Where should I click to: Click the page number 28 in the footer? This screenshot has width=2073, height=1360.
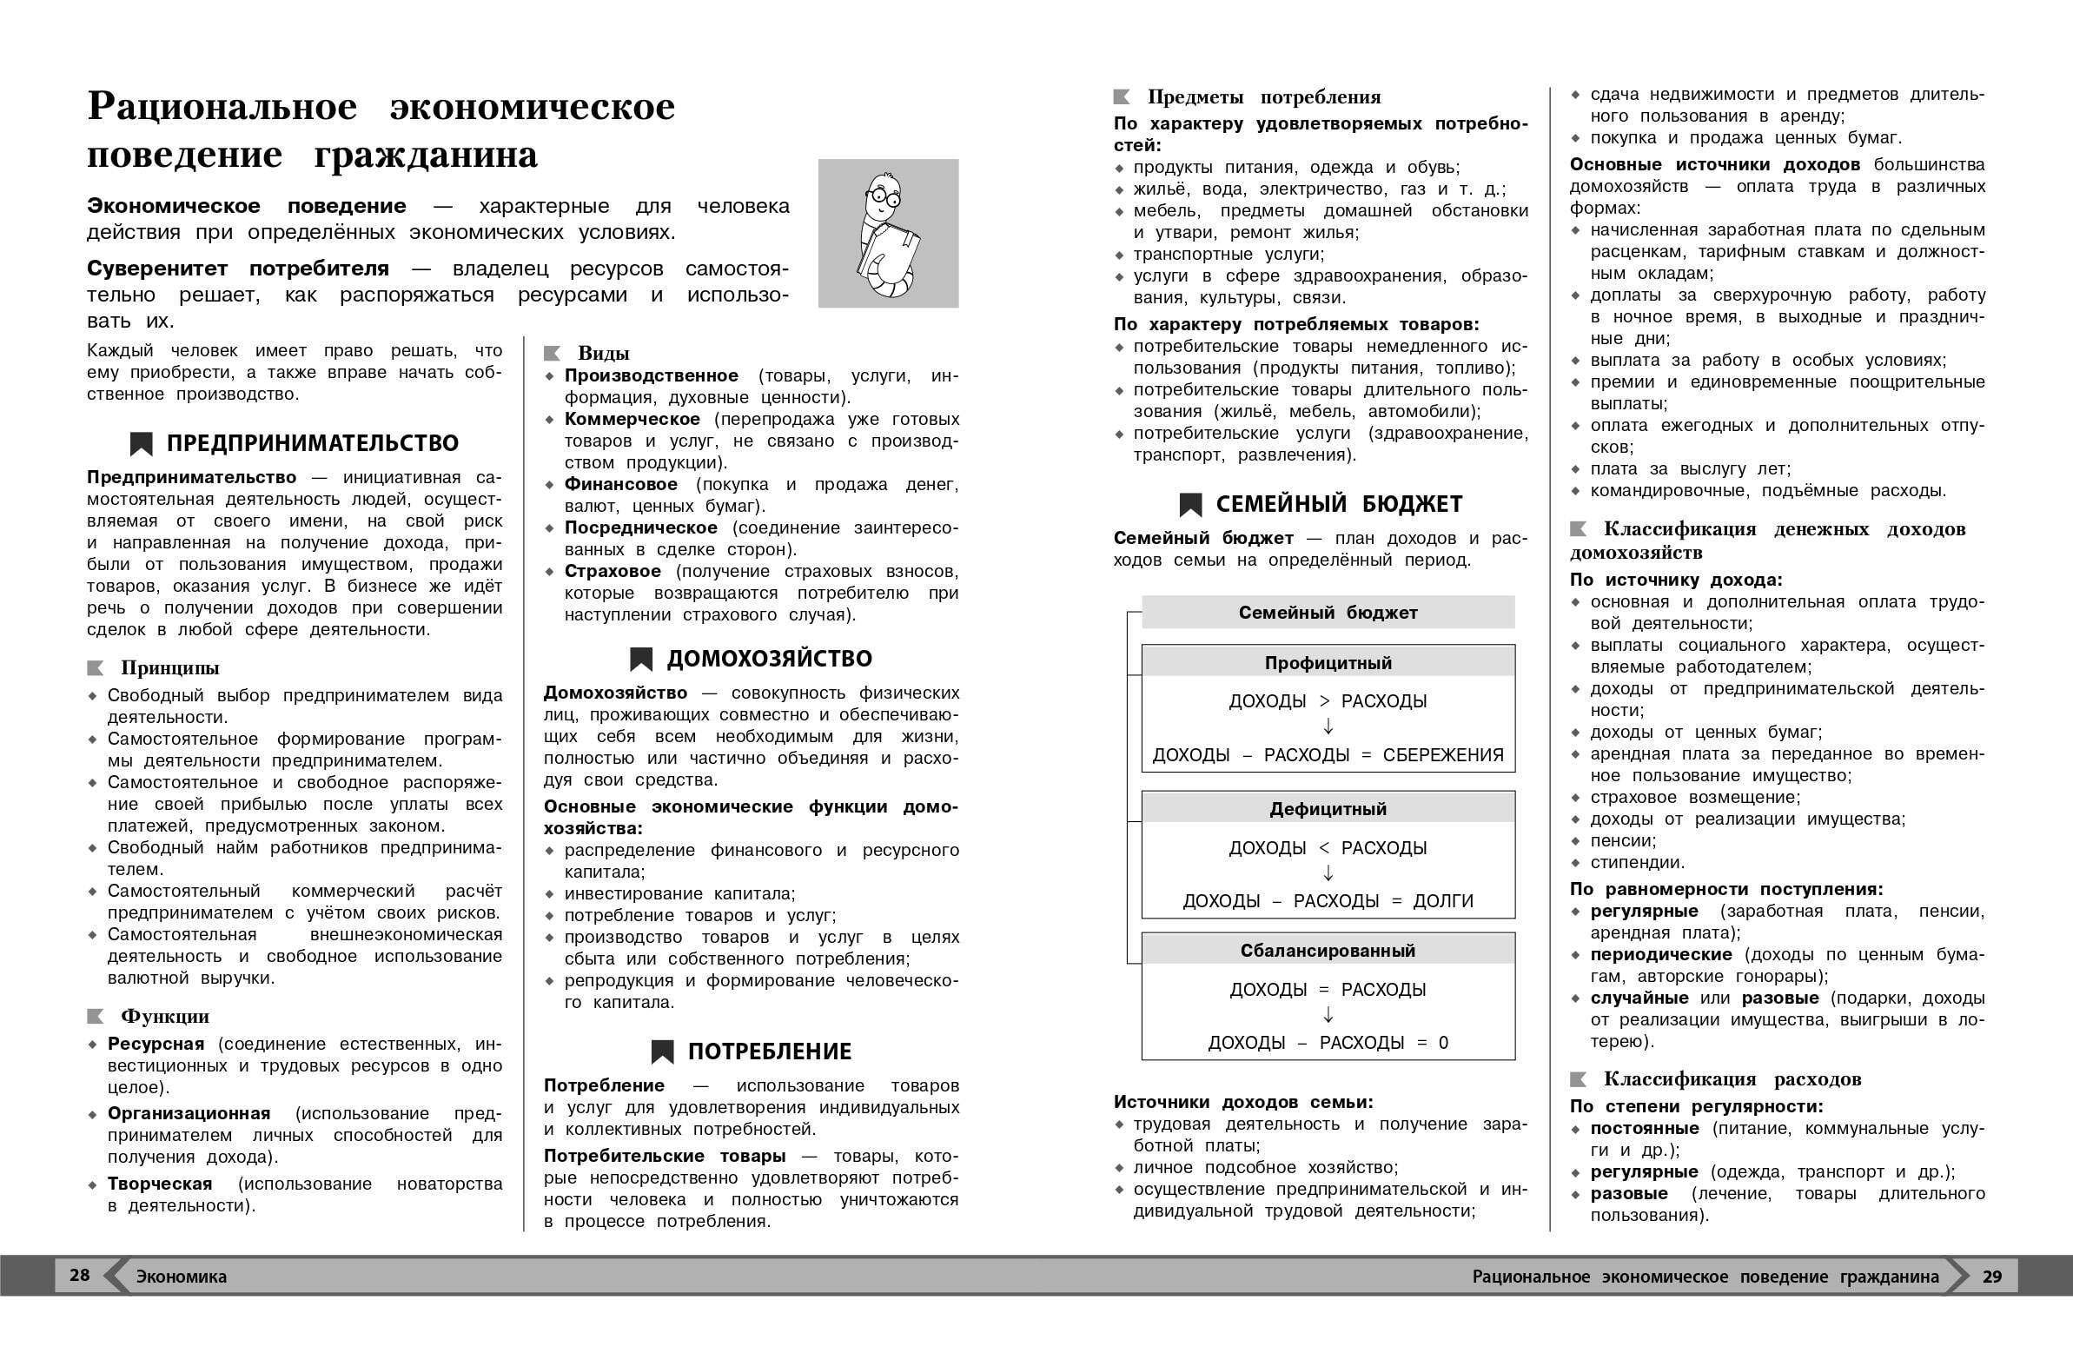[79, 1276]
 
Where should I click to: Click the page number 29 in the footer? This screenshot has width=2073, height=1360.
[1992, 1277]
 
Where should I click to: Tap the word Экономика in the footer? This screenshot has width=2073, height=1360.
[182, 1277]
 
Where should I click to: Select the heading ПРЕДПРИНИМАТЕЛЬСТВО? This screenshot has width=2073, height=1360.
[312, 443]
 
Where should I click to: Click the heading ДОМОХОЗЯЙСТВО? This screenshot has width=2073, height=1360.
[769, 659]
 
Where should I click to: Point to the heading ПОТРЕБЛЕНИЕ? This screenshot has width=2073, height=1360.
[769, 1052]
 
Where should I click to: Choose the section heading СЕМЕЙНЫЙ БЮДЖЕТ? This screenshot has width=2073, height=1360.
[1339, 504]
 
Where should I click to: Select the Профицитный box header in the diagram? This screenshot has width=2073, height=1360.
[1328, 663]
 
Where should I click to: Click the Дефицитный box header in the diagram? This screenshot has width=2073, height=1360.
[1328, 809]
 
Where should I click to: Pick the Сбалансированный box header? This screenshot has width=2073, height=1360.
[1328, 951]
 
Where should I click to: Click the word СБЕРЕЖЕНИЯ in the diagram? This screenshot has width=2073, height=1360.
[1442, 755]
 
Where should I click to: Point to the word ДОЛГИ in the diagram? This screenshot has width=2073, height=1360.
[1442, 901]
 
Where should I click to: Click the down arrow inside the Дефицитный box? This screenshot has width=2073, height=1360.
[1328, 873]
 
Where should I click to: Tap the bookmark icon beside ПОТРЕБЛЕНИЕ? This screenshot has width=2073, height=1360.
[662, 1052]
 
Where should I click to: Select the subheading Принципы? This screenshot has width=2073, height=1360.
[169, 668]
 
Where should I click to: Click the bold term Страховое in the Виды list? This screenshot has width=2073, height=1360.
[613, 572]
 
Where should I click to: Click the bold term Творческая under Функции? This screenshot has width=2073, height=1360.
[159, 1184]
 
